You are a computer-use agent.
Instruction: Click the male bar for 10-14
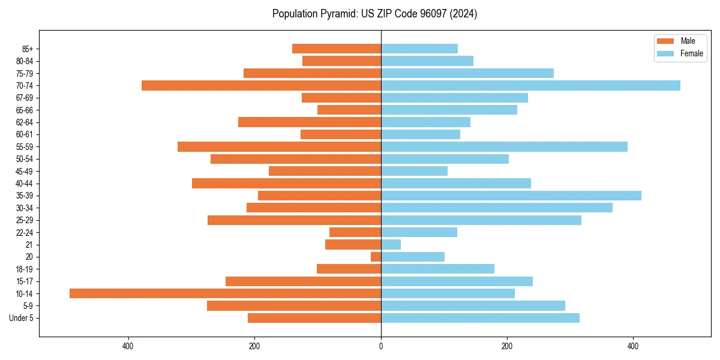[x=225, y=293]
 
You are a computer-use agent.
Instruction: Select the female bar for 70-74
[x=530, y=86]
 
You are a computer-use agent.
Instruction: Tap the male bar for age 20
[x=376, y=257]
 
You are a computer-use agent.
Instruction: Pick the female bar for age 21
[x=391, y=245]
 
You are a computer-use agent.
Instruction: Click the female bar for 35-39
[x=511, y=196]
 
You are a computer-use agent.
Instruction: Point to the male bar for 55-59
[x=279, y=147]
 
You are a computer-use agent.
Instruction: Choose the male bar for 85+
[x=337, y=49]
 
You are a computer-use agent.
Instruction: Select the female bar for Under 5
[x=480, y=318]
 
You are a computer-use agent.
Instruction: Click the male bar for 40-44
[x=286, y=184]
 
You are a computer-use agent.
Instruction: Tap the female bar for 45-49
[x=414, y=171]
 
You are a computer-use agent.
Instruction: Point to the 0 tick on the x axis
[x=381, y=346]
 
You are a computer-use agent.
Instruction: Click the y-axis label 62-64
[x=25, y=122]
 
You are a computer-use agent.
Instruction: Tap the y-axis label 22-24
[x=25, y=232]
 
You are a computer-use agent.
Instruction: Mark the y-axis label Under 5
[x=22, y=318]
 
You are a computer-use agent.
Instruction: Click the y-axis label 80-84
[x=25, y=61]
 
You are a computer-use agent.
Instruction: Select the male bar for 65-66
[x=349, y=110]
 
